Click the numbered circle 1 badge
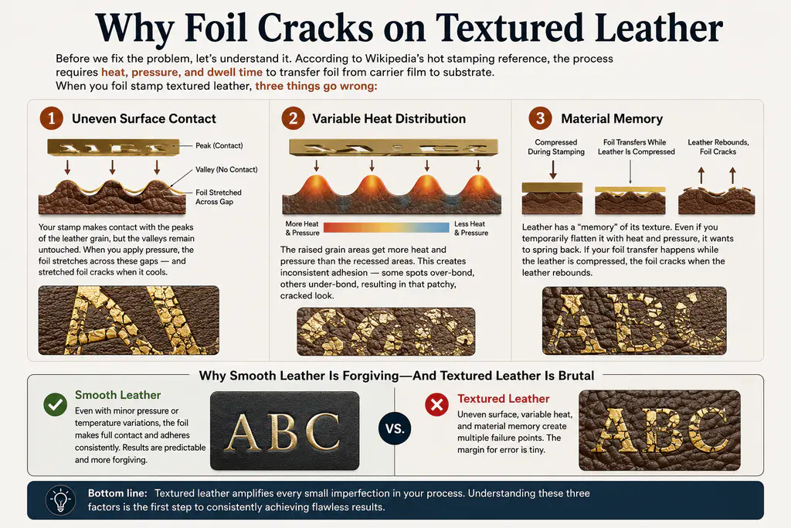52,118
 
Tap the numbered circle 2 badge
293,118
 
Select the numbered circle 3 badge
540,118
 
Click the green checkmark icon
56,404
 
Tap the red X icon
437,405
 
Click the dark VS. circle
395,428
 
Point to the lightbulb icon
60,500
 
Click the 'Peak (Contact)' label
219,146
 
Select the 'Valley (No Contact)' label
226,169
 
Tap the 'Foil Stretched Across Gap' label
219,197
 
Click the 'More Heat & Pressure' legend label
302,228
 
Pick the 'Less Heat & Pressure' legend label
471,228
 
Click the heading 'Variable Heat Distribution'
389,118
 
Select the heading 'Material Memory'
612,118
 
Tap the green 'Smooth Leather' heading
118,395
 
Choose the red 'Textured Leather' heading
504,399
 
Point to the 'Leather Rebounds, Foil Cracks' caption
718,147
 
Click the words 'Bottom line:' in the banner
117,493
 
